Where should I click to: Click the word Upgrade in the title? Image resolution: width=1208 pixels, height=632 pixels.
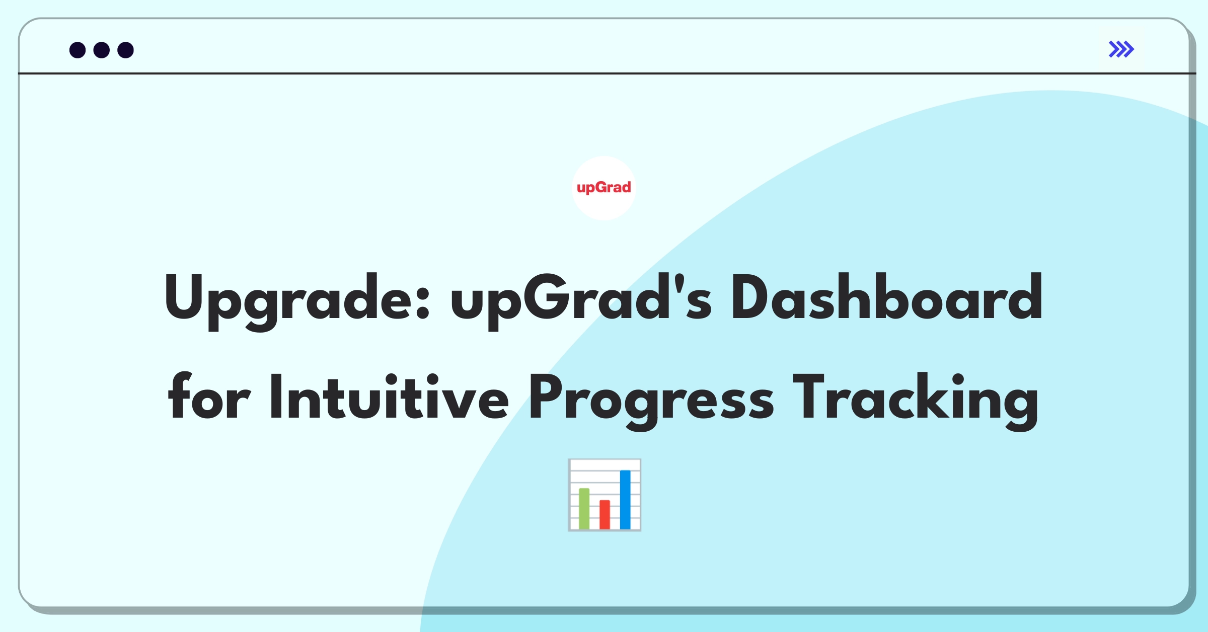pos(297,301)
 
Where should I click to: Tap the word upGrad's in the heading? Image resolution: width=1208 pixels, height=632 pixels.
pos(581,301)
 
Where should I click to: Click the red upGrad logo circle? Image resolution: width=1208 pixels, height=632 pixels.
pos(603,188)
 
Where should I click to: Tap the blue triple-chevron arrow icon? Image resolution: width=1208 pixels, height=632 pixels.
pos(1121,49)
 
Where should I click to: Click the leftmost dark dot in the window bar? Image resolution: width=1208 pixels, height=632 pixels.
pos(78,50)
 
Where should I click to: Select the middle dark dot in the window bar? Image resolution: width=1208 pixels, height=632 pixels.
pos(102,50)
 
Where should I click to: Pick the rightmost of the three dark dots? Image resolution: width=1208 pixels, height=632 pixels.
pos(126,50)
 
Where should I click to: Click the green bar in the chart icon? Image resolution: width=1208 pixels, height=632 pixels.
pos(584,508)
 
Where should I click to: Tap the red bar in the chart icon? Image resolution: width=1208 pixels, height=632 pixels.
pos(605,514)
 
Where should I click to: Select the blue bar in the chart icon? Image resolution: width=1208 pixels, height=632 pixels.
pos(625,499)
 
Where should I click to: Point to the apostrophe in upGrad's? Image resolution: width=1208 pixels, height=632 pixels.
pos(679,283)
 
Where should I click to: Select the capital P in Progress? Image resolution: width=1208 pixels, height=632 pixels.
pos(546,397)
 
